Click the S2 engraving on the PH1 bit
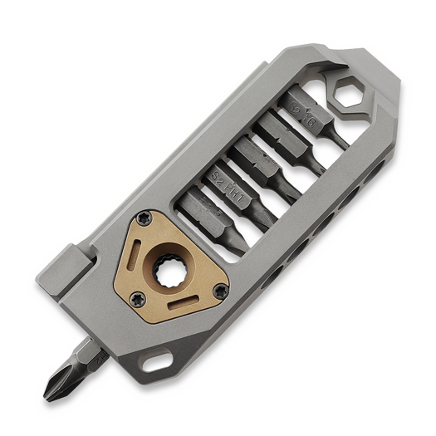(x=217, y=177)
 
